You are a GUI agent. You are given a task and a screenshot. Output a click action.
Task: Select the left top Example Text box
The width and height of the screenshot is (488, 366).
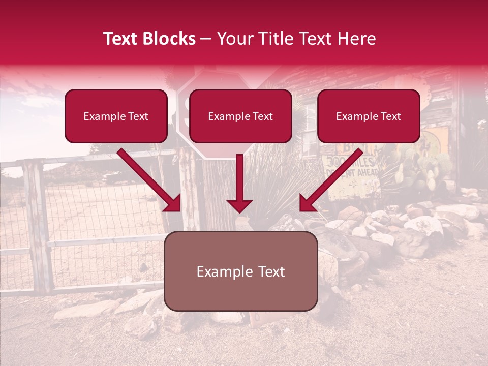pos(116,116)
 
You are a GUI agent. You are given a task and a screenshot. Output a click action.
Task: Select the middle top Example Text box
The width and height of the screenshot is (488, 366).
pos(240,116)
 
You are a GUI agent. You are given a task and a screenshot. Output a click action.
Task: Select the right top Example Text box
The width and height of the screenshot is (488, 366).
pos(369,116)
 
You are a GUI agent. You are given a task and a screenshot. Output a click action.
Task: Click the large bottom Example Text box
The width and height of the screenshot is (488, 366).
pos(240,271)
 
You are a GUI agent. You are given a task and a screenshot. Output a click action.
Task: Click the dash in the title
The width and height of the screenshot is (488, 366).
pos(206,39)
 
